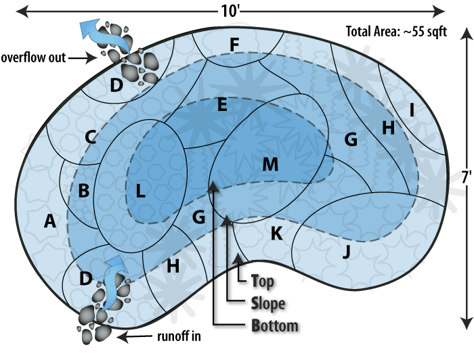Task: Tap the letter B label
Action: [83, 191]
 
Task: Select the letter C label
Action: [90, 137]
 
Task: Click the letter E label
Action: [221, 105]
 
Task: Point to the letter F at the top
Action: [234, 45]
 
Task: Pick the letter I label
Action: [411, 108]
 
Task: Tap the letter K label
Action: [276, 233]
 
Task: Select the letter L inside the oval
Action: [140, 191]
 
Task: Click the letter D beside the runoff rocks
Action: [85, 278]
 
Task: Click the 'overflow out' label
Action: [33, 58]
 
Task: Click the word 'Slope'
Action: [268, 302]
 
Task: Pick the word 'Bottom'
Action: [274, 325]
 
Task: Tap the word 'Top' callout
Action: [263, 280]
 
